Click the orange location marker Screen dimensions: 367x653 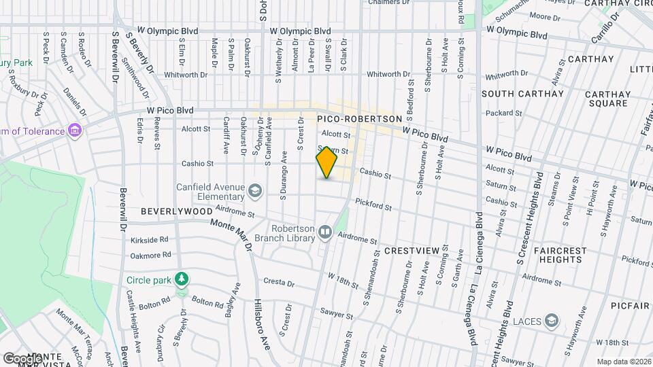pyautogui.click(x=326, y=163)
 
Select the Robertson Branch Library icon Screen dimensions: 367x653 pyautogui.click(x=325, y=233)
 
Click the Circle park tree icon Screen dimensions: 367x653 pyautogui.click(x=182, y=279)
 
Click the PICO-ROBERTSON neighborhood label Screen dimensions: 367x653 pyautogui.click(x=360, y=118)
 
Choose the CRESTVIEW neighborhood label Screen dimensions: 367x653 pyautogui.click(x=412, y=251)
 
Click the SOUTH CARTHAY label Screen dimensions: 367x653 pyautogui.click(x=514, y=93)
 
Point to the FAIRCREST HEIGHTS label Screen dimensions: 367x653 pyautogui.click(x=560, y=255)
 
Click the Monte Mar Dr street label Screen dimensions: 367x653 pyautogui.click(x=231, y=234)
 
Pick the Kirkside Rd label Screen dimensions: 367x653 pyautogui.click(x=150, y=240)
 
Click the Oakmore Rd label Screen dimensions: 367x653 pyautogui.click(x=150, y=256)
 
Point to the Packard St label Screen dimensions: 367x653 pyautogui.click(x=503, y=113)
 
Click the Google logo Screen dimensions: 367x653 pyautogui.click(x=22, y=358)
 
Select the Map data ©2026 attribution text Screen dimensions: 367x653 pyautogui.click(x=623, y=361)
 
